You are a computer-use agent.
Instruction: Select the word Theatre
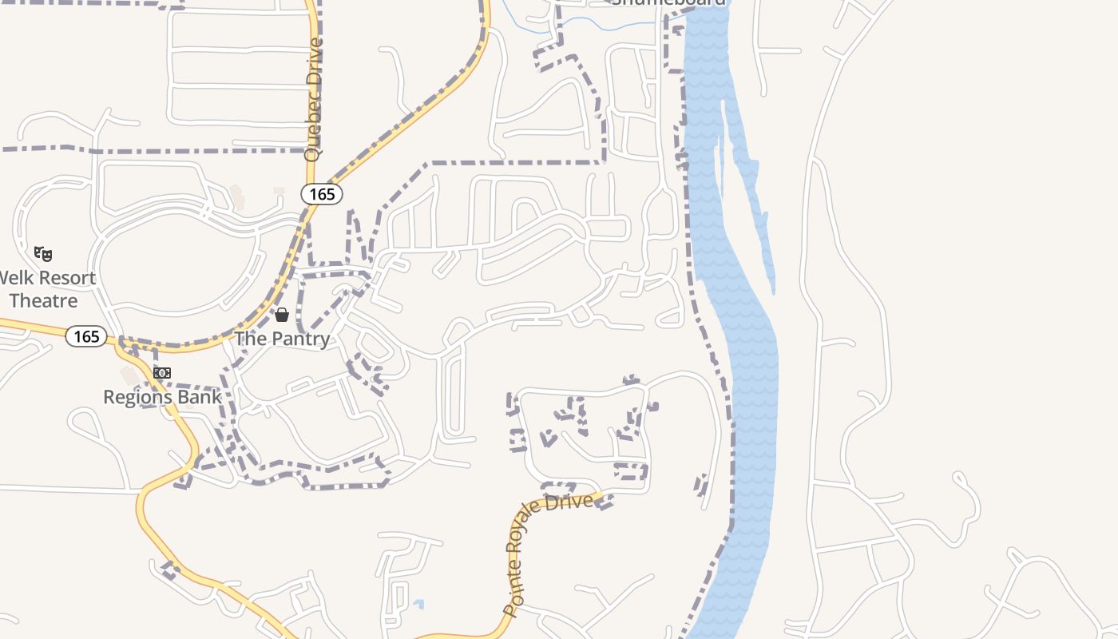(43, 301)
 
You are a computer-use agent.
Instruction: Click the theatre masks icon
(43, 254)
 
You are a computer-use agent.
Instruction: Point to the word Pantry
(300, 339)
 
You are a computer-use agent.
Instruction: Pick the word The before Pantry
(250, 339)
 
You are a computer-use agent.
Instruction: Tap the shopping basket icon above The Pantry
(281, 315)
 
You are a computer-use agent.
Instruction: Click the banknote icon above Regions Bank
(162, 373)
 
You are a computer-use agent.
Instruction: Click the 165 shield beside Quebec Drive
(322, 193)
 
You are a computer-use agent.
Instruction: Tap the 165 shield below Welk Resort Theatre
(86, 336)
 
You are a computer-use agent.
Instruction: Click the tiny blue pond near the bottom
(418, 605)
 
